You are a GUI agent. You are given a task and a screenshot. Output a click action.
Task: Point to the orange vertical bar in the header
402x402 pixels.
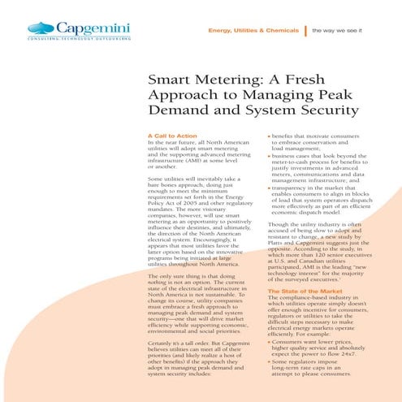(x=304, y=30)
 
